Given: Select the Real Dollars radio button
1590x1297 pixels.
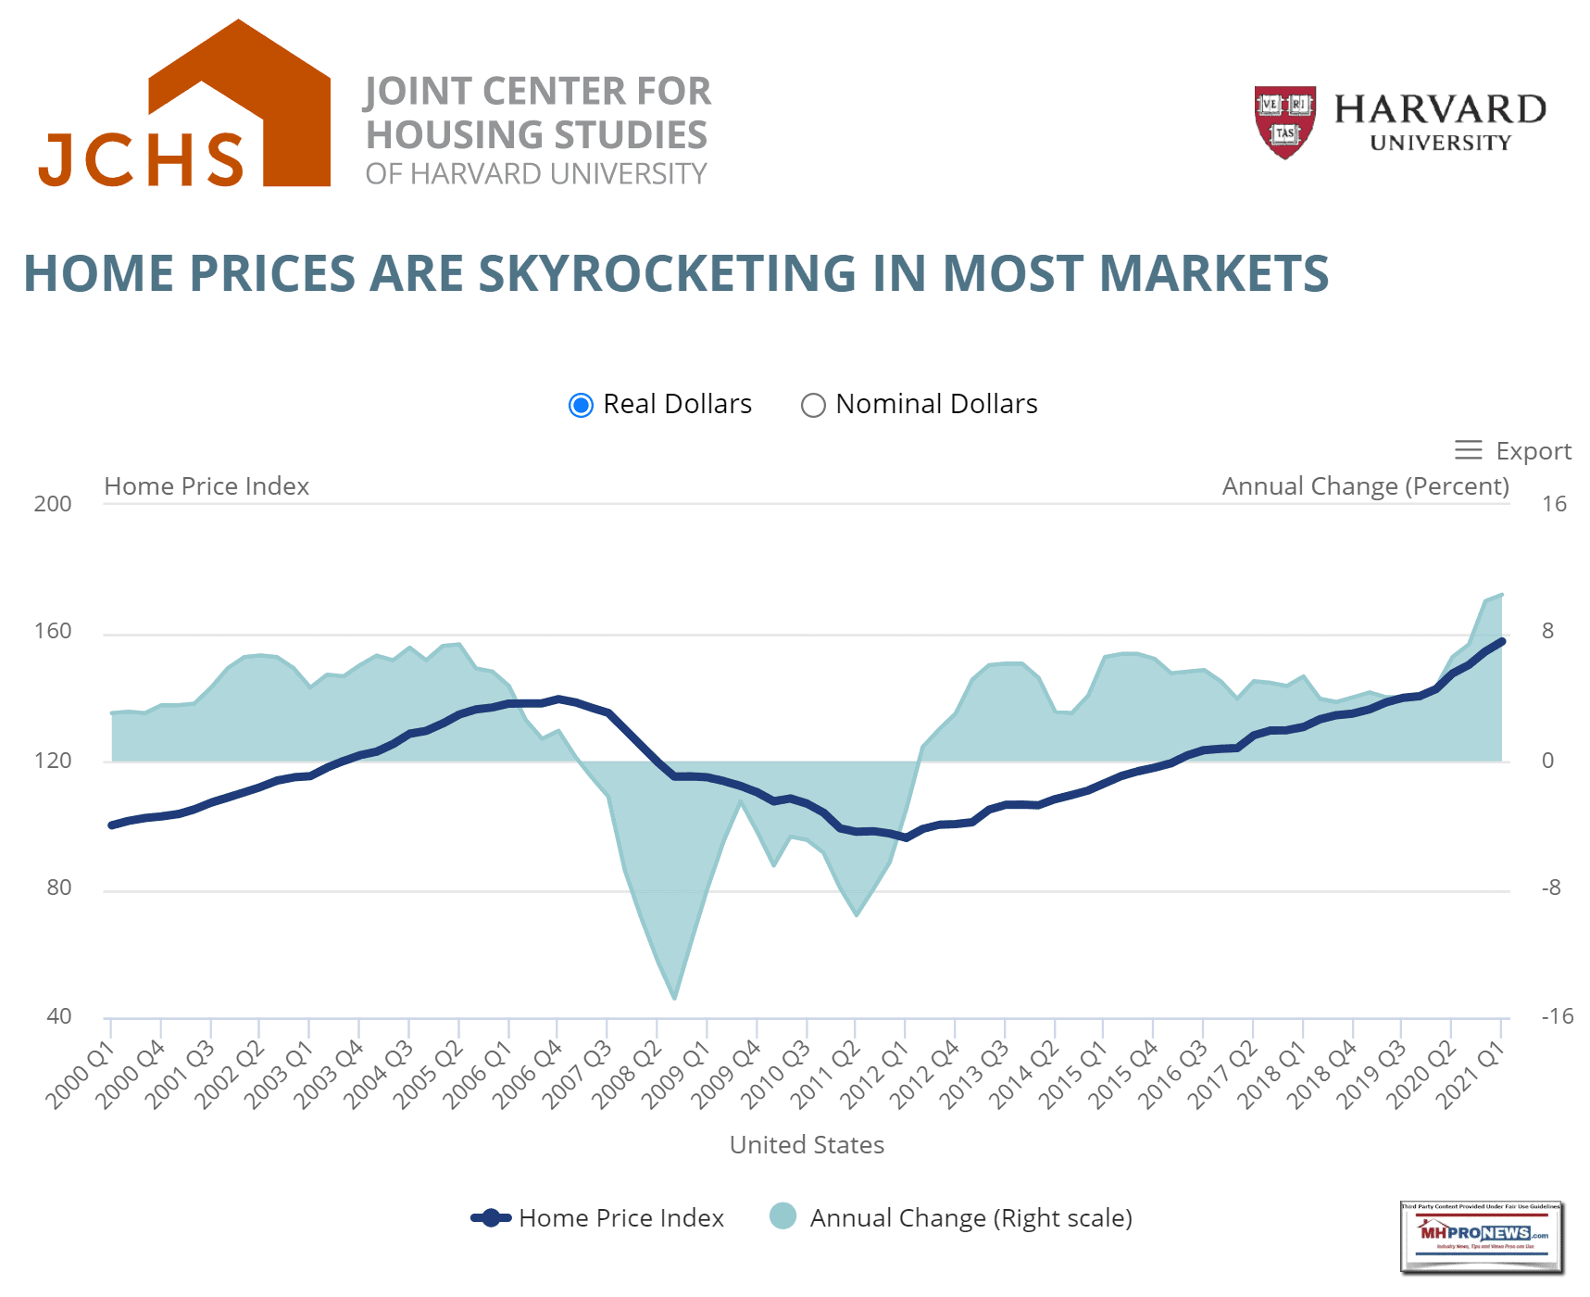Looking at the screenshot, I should [x=581, y=406].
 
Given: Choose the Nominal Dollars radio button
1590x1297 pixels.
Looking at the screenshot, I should [x=813, y=406].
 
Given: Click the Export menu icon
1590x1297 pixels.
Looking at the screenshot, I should [x=1468, y=450].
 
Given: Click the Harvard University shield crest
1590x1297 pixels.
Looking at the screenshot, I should [x=1284, y=121].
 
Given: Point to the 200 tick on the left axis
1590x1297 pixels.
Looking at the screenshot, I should [x=53, y=504].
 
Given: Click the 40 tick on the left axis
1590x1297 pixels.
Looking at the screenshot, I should [x=58, y=1016].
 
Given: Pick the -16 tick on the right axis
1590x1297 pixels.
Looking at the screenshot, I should [x=1557, y=1016].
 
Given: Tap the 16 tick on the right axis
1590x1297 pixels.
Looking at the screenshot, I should [x=1554, y=504].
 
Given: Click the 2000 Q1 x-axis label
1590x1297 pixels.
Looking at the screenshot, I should [x=81, y=1075].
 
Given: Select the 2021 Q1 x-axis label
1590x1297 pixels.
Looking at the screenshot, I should [x=1471, y=1075].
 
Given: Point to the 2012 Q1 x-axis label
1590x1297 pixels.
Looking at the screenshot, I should [x=875, y=1075].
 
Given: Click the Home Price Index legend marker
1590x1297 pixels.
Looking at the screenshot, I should [x=491, y=1218].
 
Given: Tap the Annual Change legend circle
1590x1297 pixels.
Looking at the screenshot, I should [x=782, y=1216].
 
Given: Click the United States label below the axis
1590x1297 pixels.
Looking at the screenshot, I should [x=807, y=1145].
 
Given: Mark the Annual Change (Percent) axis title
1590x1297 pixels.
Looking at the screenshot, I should [x=1365, y=486].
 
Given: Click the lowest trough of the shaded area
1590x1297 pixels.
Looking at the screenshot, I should [x=674, y=998].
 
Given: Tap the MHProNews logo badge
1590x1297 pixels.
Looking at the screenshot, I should [x=1481, y=1237].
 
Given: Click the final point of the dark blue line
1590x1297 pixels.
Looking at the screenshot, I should [x=1501, y=641].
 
